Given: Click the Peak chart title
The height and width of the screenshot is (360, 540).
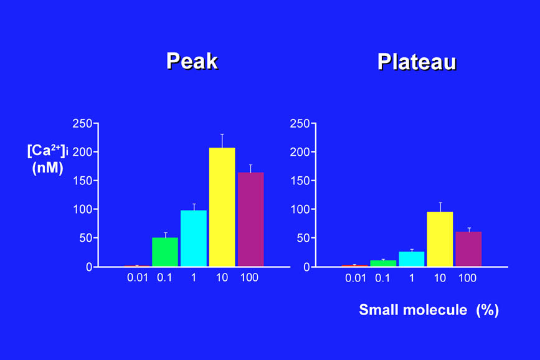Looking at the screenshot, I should [192, 61].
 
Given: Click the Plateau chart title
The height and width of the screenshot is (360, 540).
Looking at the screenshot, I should [417, 62].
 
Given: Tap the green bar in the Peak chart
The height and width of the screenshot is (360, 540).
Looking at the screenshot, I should [165, 252].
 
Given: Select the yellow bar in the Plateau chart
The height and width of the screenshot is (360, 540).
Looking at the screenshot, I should [440, 239].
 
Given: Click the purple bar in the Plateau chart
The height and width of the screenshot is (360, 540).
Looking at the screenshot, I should [468, 249].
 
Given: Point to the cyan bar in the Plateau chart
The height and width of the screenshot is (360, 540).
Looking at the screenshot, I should [412, 259].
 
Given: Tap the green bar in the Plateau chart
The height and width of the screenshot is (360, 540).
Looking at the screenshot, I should [383, 263].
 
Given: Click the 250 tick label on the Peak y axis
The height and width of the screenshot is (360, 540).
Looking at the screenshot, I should [82, 124].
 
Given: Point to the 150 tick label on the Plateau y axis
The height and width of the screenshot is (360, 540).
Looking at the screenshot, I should [300, 181].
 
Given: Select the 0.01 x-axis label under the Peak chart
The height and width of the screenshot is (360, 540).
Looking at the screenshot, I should [138, 278].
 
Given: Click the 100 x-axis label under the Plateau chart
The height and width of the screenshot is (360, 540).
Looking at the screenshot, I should [467, 278].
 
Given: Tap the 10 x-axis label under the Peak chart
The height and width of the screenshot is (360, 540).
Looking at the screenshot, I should [222, 278].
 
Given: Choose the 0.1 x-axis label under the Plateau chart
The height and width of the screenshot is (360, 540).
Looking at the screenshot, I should [382, 278].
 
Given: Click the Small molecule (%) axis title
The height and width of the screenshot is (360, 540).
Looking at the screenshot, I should [429, 310].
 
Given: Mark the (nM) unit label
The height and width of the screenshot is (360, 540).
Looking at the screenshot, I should [47, 168].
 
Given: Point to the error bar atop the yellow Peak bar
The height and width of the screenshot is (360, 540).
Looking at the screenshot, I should [222, 140].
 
